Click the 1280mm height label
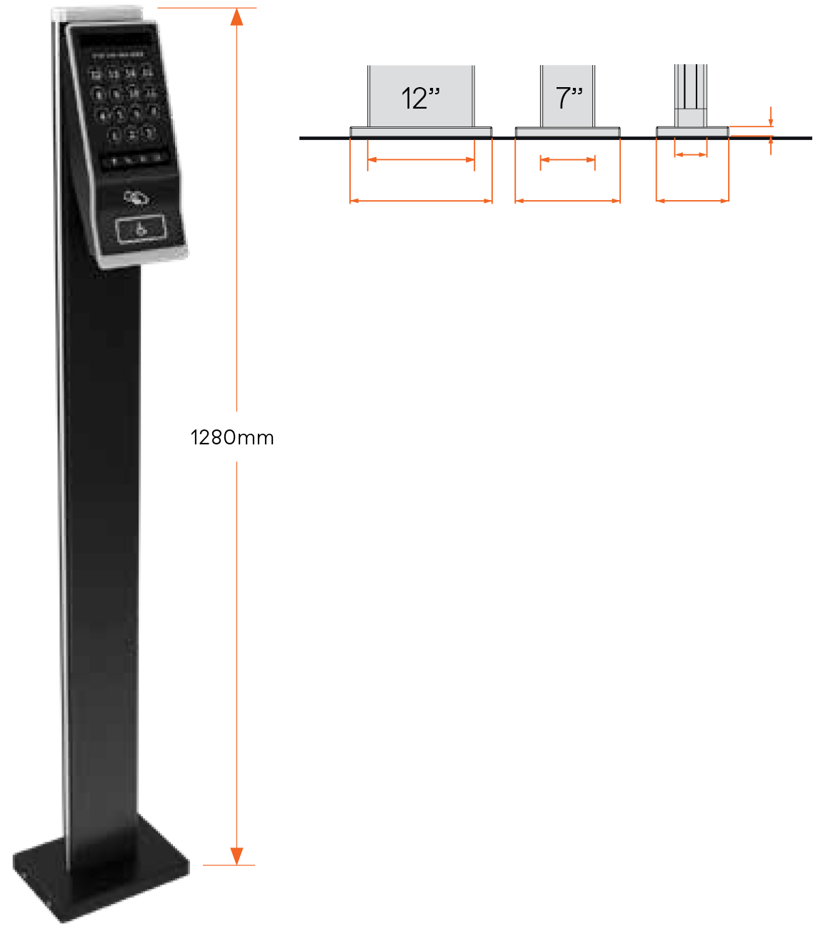232,437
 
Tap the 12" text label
420,98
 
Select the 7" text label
569,97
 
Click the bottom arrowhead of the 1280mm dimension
236,855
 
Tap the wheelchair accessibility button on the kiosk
141,229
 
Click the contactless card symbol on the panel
136,197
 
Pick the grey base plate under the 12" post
421,131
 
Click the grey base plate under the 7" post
567,132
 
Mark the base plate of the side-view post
692,131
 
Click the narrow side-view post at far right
691,93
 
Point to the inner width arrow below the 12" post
421,159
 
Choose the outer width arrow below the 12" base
421,201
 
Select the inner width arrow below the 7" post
567,160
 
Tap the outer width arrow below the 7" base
567,201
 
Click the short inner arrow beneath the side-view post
691,154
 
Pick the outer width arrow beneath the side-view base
692,201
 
